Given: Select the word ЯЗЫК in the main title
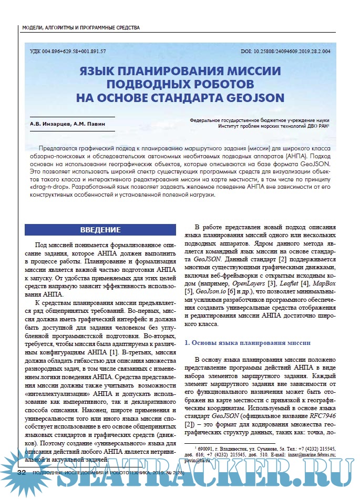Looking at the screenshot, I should pos(100,72).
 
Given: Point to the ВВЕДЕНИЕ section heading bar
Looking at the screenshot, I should pos(100,230).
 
